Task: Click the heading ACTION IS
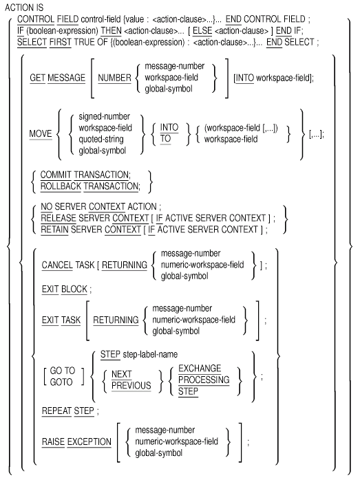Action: click(x=24, y=8)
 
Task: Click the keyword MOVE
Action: click(x=41, y=134)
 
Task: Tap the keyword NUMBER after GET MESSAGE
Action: click(x=114, y=78)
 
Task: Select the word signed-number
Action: click(x=104, y=116)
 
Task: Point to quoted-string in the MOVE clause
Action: click(x=101, y=140)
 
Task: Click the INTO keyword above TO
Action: click(x=169, y=127)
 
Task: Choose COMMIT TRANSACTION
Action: click(x=85, y=175)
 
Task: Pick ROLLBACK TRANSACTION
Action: click(x=90, y=186)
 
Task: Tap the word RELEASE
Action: click(x=59, y=218)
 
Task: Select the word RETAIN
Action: click(x=54, y=229)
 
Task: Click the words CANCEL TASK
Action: click(x=68, y=265)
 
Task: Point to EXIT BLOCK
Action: click(x=65, y=289)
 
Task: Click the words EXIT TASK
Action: click(x=61, y=320)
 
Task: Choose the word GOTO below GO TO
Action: click(x=61, y=382)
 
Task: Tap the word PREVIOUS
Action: click(x=131, y=385)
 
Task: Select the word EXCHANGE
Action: click(x=200, y=369)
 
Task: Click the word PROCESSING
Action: click(x=204, y=380)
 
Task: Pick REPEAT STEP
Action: click(x=68, y=411)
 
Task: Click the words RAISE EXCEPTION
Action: click(x=76, y=441)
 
